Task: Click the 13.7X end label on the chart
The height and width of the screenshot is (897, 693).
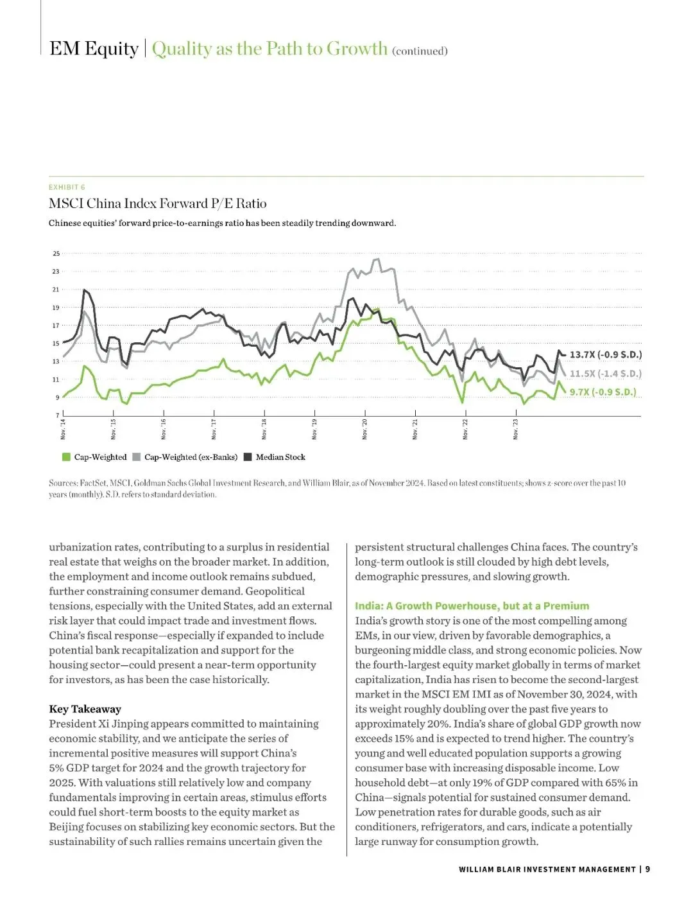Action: pos(605,354)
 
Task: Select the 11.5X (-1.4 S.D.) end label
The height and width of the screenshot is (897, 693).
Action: pos(605,373)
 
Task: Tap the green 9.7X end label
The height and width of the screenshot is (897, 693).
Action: pos(603,392)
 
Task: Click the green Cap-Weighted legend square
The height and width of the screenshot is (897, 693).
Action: pos(65,457)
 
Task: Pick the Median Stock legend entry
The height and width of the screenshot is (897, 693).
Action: pos(280,457)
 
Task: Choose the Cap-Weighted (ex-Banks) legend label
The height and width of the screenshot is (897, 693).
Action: pos(191,457)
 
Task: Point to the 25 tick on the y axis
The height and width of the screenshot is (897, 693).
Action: pos(56,254)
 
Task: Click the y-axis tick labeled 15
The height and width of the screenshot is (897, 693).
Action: pos(56,344)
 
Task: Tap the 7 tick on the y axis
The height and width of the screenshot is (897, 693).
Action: pos(58,415)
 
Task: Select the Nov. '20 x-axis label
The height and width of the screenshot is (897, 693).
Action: pos(365,429)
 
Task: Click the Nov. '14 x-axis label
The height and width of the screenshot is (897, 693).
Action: pos(64,429)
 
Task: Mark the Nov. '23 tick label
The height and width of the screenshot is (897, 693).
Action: pos(516,429)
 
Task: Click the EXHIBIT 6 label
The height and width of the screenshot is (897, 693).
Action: pos(67,187)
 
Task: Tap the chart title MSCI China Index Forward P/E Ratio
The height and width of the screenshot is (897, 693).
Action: pos(157,204)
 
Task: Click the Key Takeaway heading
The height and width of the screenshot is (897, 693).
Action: pos(85,709)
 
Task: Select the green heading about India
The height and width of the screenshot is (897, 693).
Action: pos(472,605)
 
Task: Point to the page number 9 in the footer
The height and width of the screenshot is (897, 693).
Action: pos(647,869)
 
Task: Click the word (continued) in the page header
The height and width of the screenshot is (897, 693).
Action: pos(420,51)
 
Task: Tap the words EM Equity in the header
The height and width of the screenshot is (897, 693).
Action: pos(94,49)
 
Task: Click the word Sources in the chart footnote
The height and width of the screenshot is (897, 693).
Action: pos(62,483)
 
